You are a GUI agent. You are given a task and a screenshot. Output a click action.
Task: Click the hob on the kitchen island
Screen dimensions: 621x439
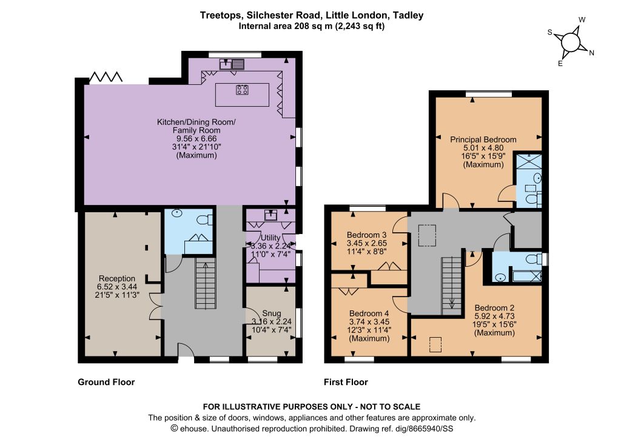pyautogui.click(x=242, y=90)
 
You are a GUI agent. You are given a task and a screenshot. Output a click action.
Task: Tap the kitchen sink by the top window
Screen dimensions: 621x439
pyautogui.click(x=232, y=64)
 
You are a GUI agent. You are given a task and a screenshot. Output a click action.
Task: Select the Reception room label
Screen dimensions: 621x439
pyautogui.click(x=117, y=278)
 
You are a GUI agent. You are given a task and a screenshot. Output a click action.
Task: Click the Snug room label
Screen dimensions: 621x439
pyautogui.click(x=271, y=313)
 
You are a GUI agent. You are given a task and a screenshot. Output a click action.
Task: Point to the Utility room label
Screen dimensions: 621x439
pyautogui.click(x=270, y=238)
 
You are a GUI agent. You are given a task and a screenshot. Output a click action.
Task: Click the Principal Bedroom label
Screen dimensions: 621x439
pyautogui.click(x=483, y=139)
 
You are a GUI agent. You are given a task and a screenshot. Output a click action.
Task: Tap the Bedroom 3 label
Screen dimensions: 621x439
pyautogui.click(x=367, y=235)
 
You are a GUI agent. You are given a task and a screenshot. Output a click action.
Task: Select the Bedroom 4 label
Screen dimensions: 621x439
pyautogui.click(x=369, y=313)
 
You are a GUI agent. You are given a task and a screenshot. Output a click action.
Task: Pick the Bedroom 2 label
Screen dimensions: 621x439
pyautogui.click(x=495, y=307)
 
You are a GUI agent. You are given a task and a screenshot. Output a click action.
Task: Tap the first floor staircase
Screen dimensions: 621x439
pyautogui.click(x=452, y=286)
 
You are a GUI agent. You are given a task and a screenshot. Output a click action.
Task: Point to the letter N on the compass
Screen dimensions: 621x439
pyautogui.click(x=592, y=53)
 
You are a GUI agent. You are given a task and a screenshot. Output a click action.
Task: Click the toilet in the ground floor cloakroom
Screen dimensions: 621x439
pyautogui.click(x=205, y=219)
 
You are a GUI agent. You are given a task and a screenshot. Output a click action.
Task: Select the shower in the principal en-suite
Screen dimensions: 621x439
pyautogui.click(x=529, y=162)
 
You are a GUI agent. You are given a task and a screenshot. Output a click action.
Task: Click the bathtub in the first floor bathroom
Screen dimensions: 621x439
pyautogui.click(x=527, y=275)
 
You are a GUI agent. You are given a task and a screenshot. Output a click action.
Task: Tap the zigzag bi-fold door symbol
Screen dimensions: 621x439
pyautogui.click(x=106, y=77)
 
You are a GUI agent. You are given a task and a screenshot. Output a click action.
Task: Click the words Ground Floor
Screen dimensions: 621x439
pyautogui.click(x=106, y=382)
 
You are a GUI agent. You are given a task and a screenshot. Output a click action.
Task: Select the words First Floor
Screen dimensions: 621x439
pyautogui.click(x=346, y=382)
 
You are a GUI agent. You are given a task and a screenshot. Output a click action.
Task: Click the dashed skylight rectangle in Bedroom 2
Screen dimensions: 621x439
pyautogui.click(x=435, y=344)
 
